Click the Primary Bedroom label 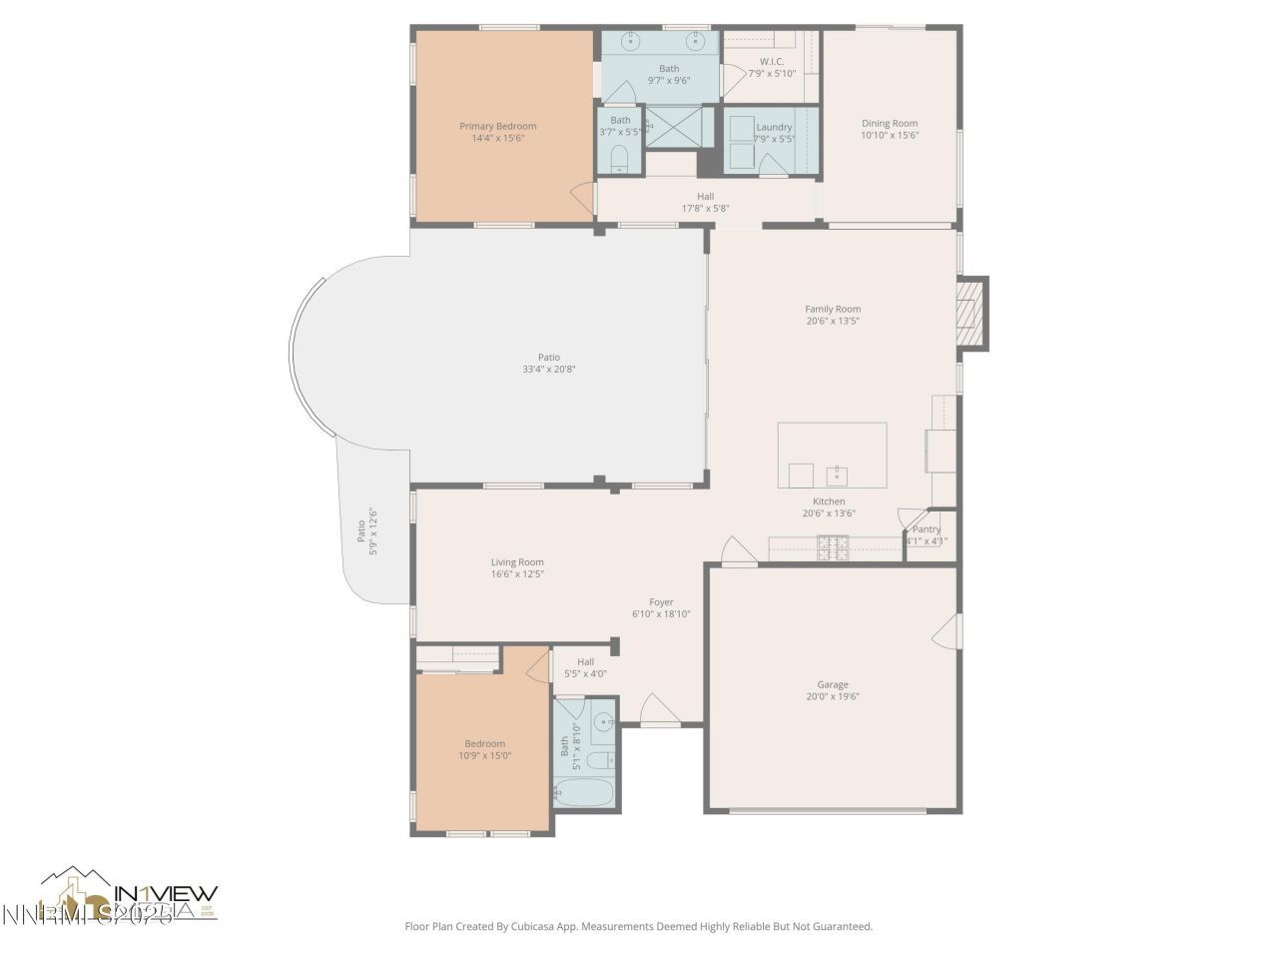point(497,126)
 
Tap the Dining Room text point(890,124)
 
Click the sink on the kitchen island point(837,474)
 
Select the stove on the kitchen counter point(833,547)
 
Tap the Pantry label point(927,529)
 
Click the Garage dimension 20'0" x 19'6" point(833,697)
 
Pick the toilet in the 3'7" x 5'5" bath point(619,158)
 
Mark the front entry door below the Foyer point(659,710)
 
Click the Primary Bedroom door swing point(582,196)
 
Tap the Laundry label point(774,127)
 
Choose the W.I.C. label point(772,61)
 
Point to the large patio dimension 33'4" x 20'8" point(549,370)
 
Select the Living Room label point(517,562)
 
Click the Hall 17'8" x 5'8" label point(705,197)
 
